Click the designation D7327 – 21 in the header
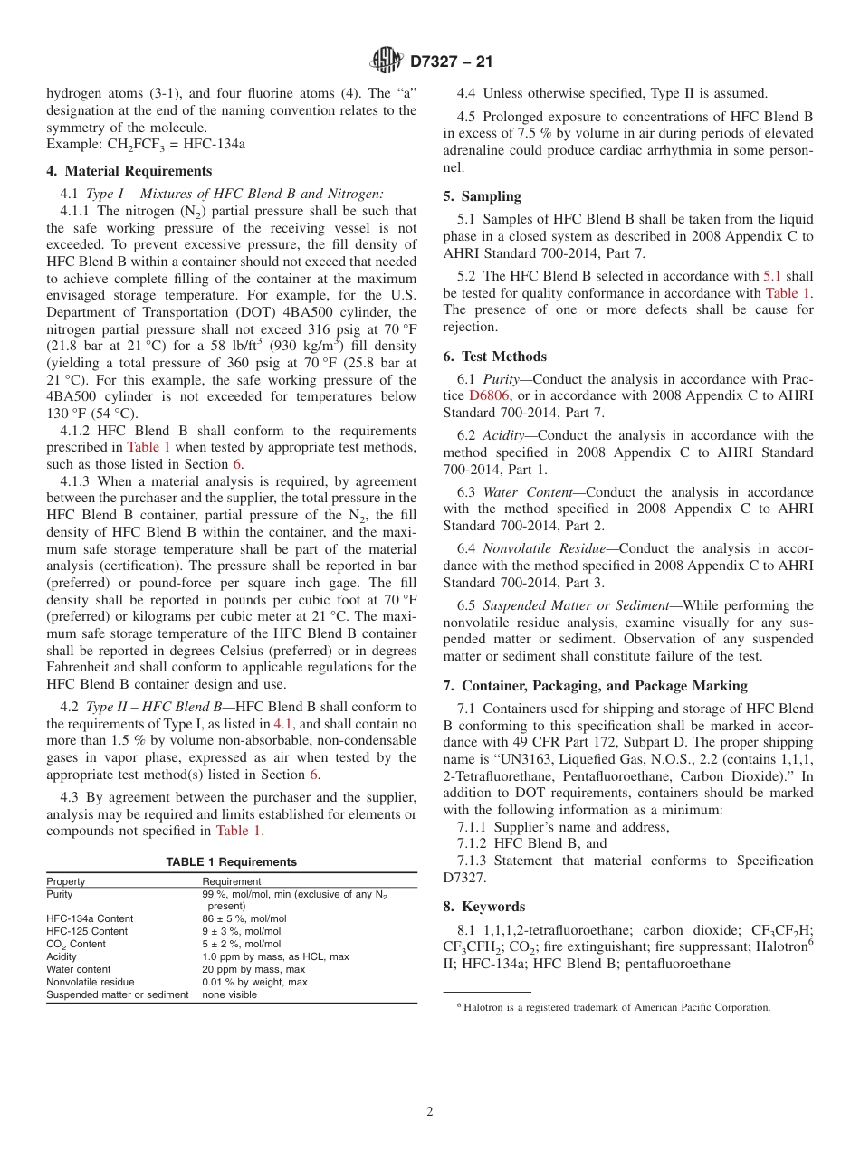[x=450, y=62]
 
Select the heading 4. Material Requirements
[x=129, y=171]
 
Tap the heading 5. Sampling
[x=482, y=196]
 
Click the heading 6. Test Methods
[x=495, y=357]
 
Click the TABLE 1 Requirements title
[x=231, y=862]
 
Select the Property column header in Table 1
[x=66, y=881]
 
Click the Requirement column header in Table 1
[x=231, y=881]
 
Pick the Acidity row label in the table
[x=62, y=956]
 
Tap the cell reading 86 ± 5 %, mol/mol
[x=242, y=918]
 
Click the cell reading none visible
[x=229, y=994]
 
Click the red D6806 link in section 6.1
[x=484, y=395]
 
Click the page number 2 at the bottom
[x=430, y=1112]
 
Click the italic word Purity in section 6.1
[x=501, y=379]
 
